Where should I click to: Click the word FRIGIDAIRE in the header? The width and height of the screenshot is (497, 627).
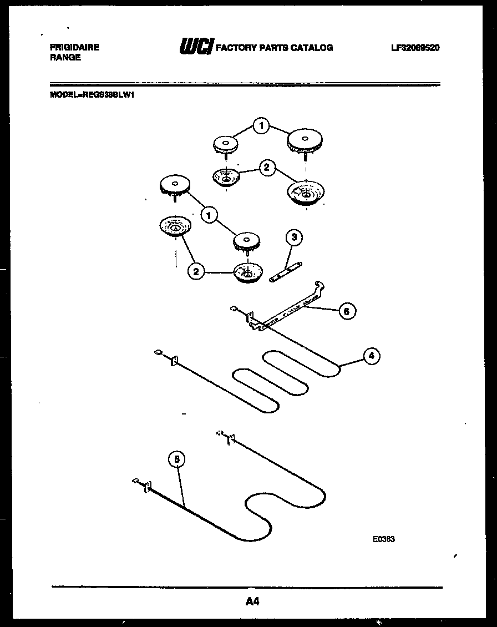[x=74, y=48]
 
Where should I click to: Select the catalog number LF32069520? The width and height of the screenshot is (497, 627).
[x=415, y=48]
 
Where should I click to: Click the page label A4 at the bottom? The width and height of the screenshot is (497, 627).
[x=252, y=601]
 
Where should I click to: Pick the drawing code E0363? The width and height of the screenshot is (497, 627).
[x=384, y=538]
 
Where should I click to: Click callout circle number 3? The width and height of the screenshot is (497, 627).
[x=294, y=238]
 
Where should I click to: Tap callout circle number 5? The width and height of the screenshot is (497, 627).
[x=176, y=459]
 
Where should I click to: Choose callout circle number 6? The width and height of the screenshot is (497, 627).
[x=346, y=311]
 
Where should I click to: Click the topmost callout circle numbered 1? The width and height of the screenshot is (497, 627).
[x=261, y=127]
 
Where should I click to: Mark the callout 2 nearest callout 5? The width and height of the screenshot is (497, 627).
[x=194, y=271]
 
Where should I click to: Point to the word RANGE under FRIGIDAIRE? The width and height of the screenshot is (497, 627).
[x=65, y=58]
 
